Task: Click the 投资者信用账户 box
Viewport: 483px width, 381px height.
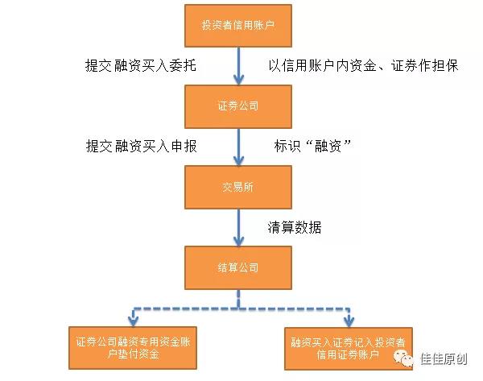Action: point(238,25)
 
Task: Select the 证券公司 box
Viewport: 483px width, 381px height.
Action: point(238,106)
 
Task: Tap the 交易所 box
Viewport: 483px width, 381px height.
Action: point(238,186)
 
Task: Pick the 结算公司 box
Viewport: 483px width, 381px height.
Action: point(238,267)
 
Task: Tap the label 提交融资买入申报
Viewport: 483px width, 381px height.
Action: point(142,146)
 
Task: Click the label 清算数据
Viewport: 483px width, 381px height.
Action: point(295,227)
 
